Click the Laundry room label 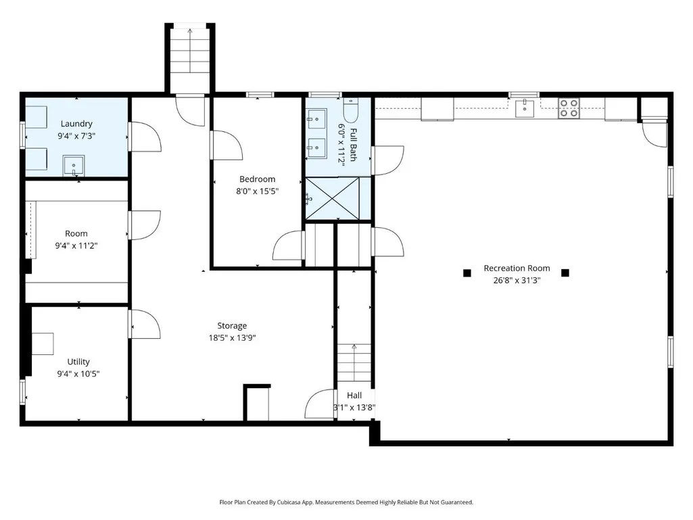click(x=76, y=124)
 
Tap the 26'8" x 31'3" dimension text click(x=517, y=280)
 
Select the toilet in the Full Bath click(x=351, y=110)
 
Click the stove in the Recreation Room click(x=569, y=108)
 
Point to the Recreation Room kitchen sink click(x=525, y=108)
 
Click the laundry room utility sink click(x=74, y=166)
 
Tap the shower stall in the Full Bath click(x=333, y=198)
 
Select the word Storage click(x=232, y=326)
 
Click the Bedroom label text click(x=257, y=179)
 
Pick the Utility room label click(x=78, y=362)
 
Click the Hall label click(x=354, y=396)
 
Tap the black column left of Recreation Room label click(x=467, y=273)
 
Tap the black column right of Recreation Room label click(x=565, y=273)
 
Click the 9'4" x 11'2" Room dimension click(x=76, y=246)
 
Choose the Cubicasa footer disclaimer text click(x=346, y=502)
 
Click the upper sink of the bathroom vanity click(x=317, y=118)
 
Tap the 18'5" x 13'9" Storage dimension click(x=232, y=338)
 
